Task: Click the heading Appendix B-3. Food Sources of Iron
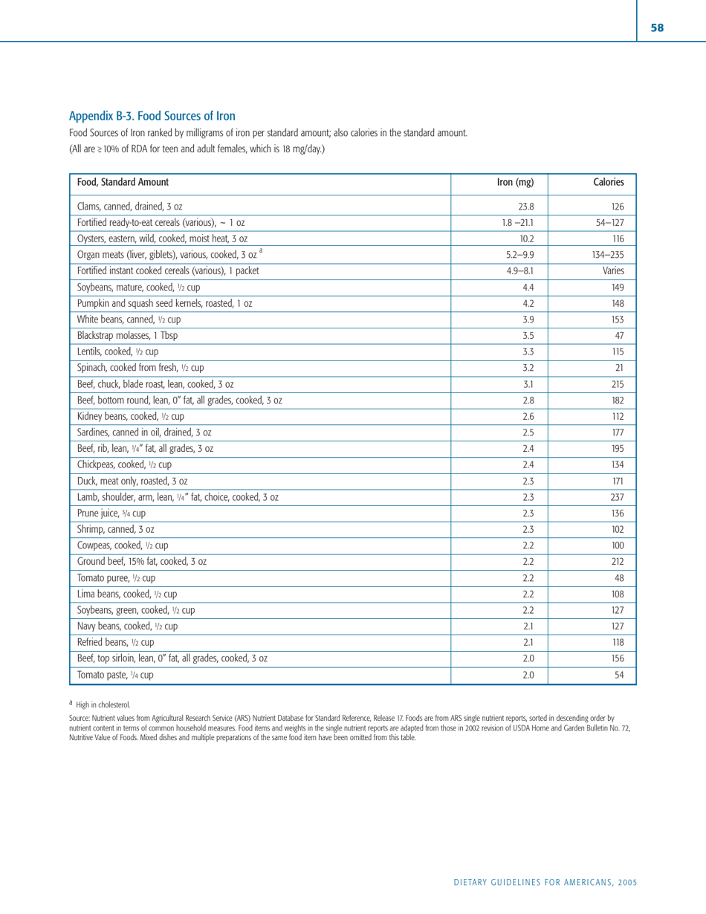click(x=152, y=116)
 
